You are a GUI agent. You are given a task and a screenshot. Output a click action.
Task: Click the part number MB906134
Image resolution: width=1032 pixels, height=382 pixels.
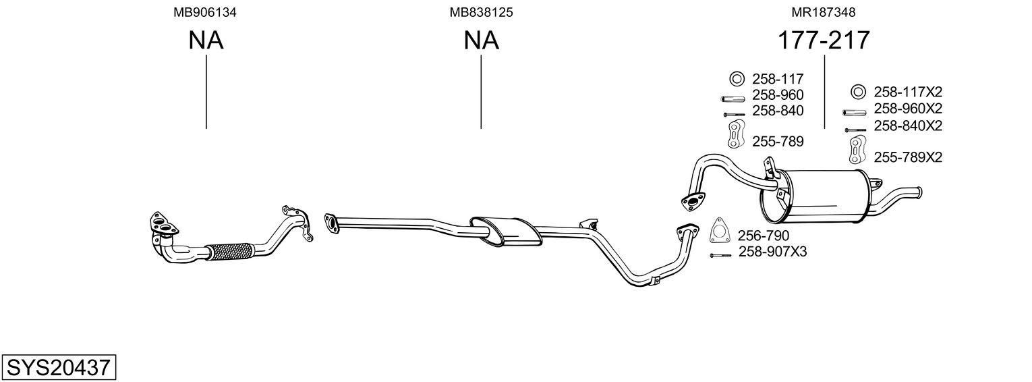(x=206, y=12)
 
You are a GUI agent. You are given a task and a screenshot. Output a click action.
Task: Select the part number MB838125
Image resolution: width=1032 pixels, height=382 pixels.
(x=481, y=12)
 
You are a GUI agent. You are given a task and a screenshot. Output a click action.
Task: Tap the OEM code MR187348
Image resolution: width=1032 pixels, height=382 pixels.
(x=824, y=12)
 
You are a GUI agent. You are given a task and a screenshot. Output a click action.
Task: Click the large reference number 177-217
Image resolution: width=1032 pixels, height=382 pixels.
(x=824, y=40)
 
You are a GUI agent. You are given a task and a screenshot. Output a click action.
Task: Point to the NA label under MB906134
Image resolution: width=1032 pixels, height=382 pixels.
(x=206, y=40)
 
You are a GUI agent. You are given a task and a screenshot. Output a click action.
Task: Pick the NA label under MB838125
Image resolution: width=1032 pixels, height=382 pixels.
(x=481, y=40)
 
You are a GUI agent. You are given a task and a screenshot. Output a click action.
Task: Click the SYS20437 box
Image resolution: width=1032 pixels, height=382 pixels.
(x=58, y=368)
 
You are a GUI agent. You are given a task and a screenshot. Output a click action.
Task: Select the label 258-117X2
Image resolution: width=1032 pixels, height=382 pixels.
(x=908, y=92)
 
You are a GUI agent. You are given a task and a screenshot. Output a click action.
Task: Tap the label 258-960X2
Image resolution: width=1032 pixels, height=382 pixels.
(x=908, y=108)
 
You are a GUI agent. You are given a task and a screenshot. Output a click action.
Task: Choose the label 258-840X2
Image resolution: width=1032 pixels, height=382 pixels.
(x=908, y=126)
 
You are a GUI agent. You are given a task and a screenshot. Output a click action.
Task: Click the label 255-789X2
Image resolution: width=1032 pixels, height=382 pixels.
(x=908, y=157)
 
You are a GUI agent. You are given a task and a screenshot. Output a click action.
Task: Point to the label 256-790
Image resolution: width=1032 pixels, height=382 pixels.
(x=763, y=236)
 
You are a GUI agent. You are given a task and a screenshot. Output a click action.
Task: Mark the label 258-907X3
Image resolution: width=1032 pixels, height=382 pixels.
(x=772, y=252)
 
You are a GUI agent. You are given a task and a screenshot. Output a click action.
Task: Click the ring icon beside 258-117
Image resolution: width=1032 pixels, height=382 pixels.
(x=736, y=78)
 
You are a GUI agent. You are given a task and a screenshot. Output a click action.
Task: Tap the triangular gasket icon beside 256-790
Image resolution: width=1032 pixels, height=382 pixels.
(x=720, y=231)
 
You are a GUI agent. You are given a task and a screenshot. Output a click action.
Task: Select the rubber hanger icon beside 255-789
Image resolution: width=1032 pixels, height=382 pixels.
(x=735, y=134)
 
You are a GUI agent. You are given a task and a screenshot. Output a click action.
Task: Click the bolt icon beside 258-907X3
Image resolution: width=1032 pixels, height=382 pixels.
(x=720, y=255)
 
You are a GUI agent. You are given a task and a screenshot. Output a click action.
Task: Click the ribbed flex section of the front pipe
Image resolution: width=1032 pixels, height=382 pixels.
(x=229, y=251)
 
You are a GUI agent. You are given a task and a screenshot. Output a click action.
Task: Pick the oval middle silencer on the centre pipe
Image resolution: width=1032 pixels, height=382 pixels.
(x=505, y=231)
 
